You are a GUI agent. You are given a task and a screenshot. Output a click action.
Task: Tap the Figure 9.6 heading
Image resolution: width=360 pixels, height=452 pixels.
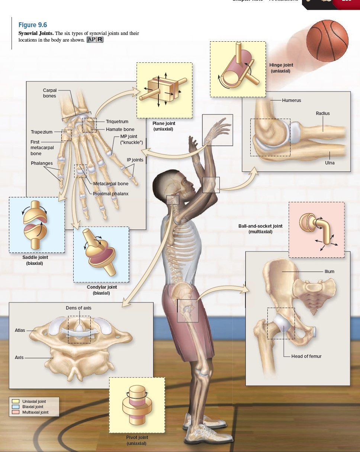[33, 25]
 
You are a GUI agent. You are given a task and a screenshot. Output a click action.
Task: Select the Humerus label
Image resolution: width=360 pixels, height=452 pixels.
[291, 100]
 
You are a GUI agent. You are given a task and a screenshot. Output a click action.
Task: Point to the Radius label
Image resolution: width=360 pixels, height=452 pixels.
[322, 113]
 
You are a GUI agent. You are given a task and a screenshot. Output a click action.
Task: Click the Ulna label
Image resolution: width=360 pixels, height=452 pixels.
[330, 163]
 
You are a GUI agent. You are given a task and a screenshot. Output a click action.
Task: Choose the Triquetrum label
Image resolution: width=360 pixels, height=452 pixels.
[117, 122]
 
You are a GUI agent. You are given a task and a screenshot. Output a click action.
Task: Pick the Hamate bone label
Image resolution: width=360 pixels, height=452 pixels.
[120, 129]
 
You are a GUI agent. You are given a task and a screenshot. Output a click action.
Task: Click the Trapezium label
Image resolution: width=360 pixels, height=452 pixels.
[41, 132]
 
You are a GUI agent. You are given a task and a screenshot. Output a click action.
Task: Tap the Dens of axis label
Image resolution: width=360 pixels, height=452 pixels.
[78, 308]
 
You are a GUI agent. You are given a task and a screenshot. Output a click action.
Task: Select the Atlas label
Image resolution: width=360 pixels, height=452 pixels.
[20, 330]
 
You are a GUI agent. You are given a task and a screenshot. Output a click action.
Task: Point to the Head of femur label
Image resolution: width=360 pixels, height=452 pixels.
[306, 356]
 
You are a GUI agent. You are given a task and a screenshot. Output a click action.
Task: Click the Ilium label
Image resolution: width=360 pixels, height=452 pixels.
[329, 272]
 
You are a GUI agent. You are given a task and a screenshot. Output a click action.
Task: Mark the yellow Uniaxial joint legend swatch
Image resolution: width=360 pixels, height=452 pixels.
[15, 401]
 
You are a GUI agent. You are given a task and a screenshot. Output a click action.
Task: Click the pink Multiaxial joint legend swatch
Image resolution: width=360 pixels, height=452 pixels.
[15, 412]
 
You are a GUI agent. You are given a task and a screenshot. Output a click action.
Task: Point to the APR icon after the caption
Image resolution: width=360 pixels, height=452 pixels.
[94, 40]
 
